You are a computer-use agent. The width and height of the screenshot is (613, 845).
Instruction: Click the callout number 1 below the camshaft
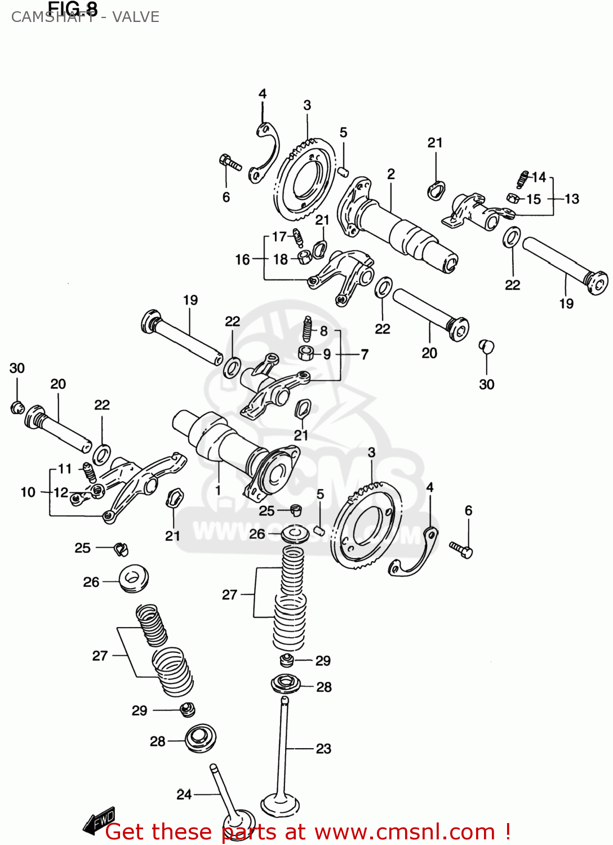(218, 490)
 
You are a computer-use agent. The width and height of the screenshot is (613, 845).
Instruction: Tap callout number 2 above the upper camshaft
(391, 174)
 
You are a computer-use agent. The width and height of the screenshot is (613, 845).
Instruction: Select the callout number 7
(365, 354)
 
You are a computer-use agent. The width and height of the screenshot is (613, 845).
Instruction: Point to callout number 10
(28, 492)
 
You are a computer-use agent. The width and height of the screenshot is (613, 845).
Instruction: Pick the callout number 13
(571, 199)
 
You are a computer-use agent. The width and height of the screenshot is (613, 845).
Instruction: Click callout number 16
(242, 259)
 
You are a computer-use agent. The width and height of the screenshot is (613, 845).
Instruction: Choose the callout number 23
(323, 749)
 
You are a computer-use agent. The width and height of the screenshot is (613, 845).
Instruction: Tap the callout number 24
(184, 794)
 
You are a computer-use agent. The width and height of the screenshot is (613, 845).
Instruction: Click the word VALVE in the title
(136, 17)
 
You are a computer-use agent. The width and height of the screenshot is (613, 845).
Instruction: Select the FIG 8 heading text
(73, 8)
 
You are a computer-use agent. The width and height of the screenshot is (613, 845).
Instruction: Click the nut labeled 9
(305, 353)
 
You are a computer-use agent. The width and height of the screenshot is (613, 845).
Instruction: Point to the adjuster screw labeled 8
(307, 329)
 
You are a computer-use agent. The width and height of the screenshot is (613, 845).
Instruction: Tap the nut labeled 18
(304, 258)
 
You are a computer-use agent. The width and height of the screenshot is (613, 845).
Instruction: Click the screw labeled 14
(522, 179)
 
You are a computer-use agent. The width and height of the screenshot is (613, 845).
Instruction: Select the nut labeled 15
(513, 198)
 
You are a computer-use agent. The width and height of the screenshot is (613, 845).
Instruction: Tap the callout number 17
(279, 237)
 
